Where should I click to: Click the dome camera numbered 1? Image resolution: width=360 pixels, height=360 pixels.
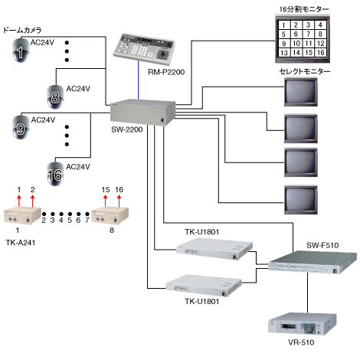pyautogui.click(x=21, y=51)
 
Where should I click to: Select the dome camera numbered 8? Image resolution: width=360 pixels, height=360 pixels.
pyautogui.click(x=55, y=97)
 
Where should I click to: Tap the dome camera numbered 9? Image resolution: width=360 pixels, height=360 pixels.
pyautogui.click(x=21, y=127)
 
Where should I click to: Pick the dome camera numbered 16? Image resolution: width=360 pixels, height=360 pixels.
pyautogui.click(x=55, y=174)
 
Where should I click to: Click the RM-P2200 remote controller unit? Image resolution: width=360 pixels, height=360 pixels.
pyautogui.click(x=144, y=48)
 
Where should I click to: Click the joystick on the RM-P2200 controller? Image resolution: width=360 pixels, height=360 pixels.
pyautogui.click(x=162, y=54)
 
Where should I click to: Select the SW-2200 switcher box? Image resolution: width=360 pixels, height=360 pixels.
pyautogui.click(x=143, y=113)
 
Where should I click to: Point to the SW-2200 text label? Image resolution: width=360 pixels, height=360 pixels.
pyautogui.click(x=127, y=129)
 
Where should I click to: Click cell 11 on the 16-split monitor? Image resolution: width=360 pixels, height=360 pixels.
pyautogui.click(x=309, y=44)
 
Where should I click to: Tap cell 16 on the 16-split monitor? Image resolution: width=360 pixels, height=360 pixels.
pyautogui.click(x=321, y=53)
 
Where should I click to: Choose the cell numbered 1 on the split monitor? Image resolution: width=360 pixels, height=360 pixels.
pyautogui.click(x=283, y=25)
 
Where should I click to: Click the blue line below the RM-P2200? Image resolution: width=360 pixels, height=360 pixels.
pyautogui.click(x=139, y=80)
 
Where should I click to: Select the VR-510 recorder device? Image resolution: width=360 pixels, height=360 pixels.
pyautogui.click(x=303, y=324)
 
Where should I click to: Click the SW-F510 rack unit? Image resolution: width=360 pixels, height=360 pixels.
pyautogui.click(x=313, y=262)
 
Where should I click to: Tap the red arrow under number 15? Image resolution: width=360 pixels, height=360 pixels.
pyautogui.click(x=105, y=201)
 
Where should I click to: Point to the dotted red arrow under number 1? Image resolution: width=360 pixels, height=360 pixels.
pyautogui.click(x=18, y=201)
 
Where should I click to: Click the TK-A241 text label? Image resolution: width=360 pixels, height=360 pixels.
pyautogui.click(x=21, y=243)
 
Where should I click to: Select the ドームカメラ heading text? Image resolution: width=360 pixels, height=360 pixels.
pyautogui.click(x=22, y=30)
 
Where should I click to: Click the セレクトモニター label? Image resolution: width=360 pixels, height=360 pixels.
pyautogui.click(x=305, y=71)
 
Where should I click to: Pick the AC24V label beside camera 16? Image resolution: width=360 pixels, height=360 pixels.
pyautogui.click(x=78, y=167)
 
